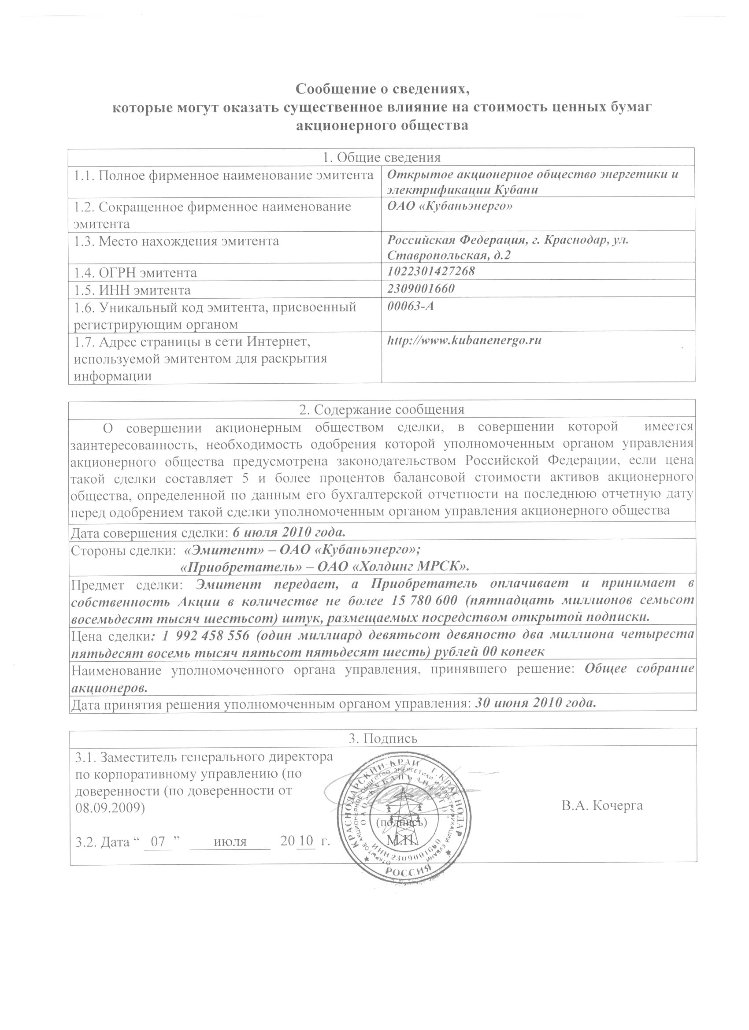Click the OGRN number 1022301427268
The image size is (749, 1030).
point(431,271)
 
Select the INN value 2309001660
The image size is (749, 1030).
point(421,289)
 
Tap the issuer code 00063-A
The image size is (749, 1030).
point(411,306)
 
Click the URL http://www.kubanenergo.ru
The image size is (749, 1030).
point(464,340)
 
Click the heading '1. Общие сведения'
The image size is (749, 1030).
point(382,157)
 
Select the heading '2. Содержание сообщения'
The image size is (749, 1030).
point(382,409)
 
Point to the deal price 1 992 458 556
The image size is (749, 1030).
point(205,635)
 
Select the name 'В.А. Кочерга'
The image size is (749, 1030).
point(602,806)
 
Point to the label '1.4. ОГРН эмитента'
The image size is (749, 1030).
point(135,273)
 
